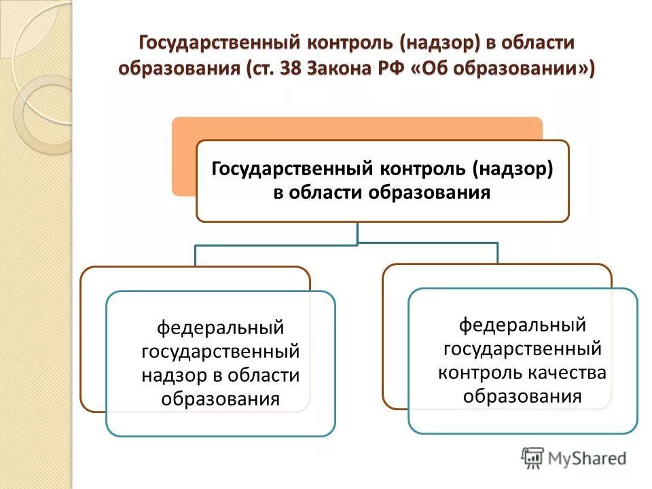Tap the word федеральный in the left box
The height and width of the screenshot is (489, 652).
pos(221,328)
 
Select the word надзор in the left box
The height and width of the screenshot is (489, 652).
pos(171,376)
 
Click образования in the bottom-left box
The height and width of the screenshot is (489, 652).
pos(221,399)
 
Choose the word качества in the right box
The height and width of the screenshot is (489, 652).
pos(572,372)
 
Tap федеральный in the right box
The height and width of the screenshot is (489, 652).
pos(522,325)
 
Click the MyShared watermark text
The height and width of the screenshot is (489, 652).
pos(588,458)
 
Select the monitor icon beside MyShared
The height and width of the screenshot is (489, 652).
pos(533,458)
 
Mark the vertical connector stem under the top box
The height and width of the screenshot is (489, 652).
pos(357,232)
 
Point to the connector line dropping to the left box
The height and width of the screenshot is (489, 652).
pos(196,255)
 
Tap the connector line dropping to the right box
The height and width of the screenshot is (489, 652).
pos(498,253)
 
